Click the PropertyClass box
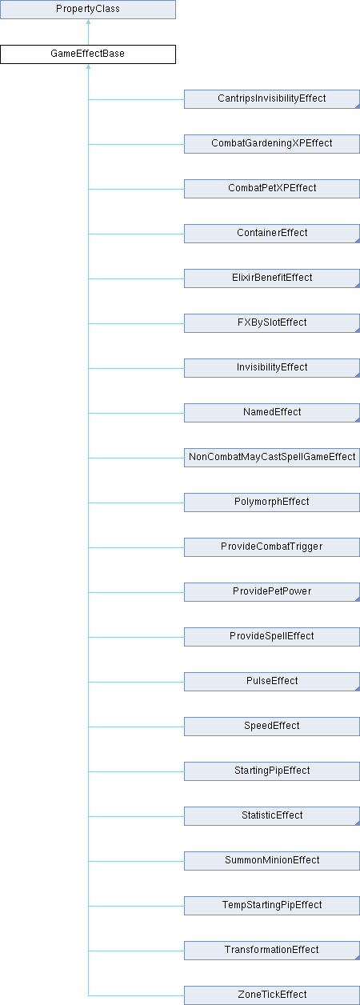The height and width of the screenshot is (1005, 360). point(88,10)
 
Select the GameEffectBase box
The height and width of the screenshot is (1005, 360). point(88,54)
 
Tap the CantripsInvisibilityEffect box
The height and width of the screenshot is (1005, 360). point(272,99)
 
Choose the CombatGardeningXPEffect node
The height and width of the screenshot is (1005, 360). point(272,144)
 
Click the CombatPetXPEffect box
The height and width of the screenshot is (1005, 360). point(272,189)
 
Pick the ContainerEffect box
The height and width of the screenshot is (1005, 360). point(272,234)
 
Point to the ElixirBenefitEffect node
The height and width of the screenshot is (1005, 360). point(272,278)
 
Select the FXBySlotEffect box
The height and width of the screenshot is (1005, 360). point(272,323)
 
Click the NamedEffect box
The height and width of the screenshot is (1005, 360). point(272,413)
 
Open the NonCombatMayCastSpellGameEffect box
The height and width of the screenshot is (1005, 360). point(272,458)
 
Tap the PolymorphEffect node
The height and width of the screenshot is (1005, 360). point(272,502)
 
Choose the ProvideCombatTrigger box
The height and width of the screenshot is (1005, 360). point(272,547)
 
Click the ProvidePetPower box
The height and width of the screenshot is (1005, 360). point(272,592)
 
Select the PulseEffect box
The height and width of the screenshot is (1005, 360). point(272,682)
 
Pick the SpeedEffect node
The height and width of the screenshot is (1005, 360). point(272,727)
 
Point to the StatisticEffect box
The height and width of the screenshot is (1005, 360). point(272,816)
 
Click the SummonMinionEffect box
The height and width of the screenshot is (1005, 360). point(272,861)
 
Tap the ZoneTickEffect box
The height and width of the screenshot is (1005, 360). point(272,995)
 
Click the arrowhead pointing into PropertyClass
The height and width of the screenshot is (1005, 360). point(88,22)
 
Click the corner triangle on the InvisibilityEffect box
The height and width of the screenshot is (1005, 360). point(358,375)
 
